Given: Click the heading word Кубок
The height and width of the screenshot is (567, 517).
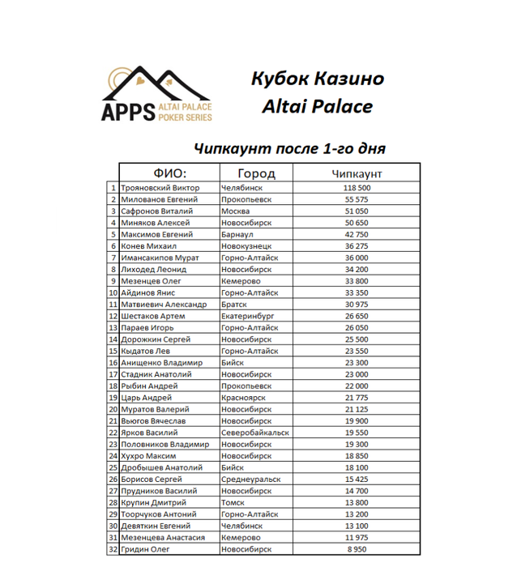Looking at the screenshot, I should pyautogui.click(x=280, y=79).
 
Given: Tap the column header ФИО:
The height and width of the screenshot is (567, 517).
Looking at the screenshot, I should pyautogui.click(x=170, y=173).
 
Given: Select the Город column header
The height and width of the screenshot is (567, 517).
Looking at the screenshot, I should pyautogui.click(x=256, y=173).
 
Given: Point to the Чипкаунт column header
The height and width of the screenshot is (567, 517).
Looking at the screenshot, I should pyautogui.click(x=357, y=173).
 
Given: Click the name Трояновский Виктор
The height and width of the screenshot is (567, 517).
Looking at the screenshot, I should pyautogui.click(x=160, y=187).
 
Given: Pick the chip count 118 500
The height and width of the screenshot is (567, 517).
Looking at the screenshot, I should pyautogui.click(x=357, y=187).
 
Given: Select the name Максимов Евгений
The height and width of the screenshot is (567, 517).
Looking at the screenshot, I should pyautogui.click(x=156, y=234).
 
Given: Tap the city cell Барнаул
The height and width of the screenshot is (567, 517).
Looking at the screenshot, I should pyautogui.click(x=238, y=234).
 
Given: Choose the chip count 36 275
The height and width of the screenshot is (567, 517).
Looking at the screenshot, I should pyautogui.click(x=357, y=245).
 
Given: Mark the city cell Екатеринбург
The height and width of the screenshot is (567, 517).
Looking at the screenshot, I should pyautogui.click(x=249, y=316).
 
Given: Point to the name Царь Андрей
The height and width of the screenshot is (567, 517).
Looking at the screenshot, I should pyautogui.click(x=146, y=398).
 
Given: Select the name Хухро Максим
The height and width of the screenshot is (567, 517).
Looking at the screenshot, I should pyautogui.click(x=148, y=456).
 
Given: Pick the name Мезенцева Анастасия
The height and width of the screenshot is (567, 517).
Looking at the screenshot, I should pyautogui.click(x=162, y=538).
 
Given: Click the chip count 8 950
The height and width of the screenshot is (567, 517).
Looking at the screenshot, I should pyautogui.click(x=357, y=550).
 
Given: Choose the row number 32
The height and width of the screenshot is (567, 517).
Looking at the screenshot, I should pyautogui.click(x=113, y=550).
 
